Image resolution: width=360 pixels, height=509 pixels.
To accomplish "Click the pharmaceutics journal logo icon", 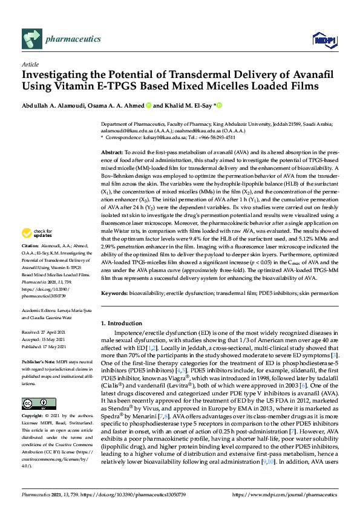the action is pyautogui.click(x=31, y=39).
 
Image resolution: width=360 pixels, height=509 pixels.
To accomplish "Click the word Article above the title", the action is pyautogui.click(x=30, y=63).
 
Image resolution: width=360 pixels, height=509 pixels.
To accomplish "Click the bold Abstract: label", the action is pyautogui.click(x=113, y=153).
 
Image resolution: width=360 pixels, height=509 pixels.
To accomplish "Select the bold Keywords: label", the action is pyautogui.click(x=115, y=293).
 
